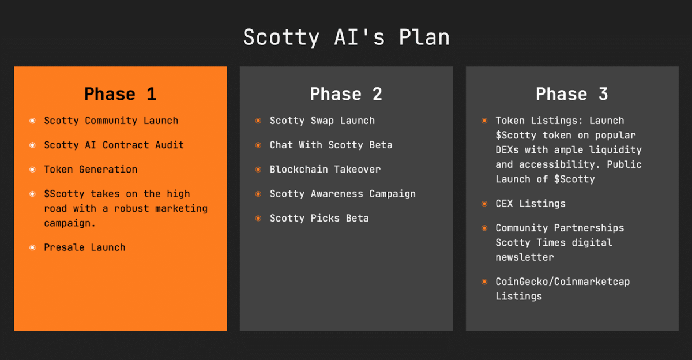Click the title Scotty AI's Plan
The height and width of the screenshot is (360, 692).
pyautogui.click(x=346, y=37)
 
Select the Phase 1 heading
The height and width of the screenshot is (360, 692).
pyautogui.click(x=120, y=94)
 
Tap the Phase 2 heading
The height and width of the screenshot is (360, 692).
pyautogui.click(x=346, y=94)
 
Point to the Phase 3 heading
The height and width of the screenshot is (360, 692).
pyautogui.click(x=571, y=94)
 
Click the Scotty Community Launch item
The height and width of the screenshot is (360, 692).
pyautogui.click(x=111, y=121)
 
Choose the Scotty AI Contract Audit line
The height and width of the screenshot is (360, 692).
pyautogui.click(x=114, y=145)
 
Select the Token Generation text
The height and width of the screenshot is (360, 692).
pyautogui.click(x=91, y=169)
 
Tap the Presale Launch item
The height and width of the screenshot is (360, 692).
pyautogui.click(x=85, y=247)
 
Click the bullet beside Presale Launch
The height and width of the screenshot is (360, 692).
pyautogui.click(x=32, y=247)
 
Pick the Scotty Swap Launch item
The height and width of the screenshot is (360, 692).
pyautogui.click(x=322, y=121)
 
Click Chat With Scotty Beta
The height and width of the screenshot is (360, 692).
pyautogui.click(x=331, y=145)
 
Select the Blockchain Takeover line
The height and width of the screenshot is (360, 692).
pyautogui.click(x=325, y=169)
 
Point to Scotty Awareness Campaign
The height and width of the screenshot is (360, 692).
pyautogui.click(x=343, y=194)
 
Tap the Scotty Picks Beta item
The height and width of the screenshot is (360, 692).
pyautogui.click(x=319, y=218)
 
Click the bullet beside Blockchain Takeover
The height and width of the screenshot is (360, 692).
pyautogui.click(x=258, y=170)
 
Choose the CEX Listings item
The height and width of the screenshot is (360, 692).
pyautogui.click(x=530, y=204)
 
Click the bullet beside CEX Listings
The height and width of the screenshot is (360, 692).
pyautogui.click(x=484, y=204)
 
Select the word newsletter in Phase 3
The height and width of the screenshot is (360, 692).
pyautogui.click(x=524, y=257)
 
